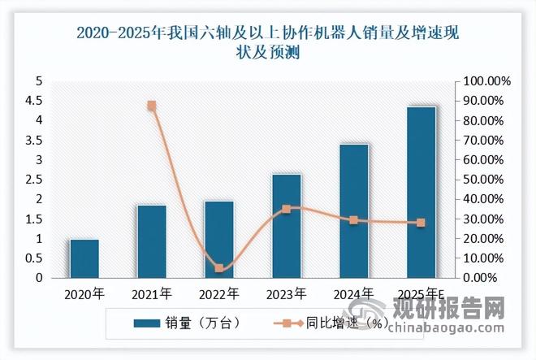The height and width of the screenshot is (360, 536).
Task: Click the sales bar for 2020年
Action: point(84,258)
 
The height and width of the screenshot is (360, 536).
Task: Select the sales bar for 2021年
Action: point(152,241)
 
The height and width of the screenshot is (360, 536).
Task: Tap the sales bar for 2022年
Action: point(219,239)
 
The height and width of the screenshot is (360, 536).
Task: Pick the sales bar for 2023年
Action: point(287,226)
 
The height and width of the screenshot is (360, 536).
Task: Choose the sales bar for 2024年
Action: point(354,210)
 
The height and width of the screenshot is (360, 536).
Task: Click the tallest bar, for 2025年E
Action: point(421,192)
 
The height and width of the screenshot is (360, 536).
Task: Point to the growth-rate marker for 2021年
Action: point(152,106)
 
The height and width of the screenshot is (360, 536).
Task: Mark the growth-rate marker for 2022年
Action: point(219,268)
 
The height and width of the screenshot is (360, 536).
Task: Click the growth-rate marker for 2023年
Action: point(287,209)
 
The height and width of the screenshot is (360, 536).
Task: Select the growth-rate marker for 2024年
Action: point(354,220)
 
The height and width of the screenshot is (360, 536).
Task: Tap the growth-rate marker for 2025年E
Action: point(421,223)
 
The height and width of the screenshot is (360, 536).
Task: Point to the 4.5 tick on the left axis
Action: point(36,101)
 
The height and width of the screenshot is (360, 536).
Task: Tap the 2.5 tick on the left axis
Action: point(36,180)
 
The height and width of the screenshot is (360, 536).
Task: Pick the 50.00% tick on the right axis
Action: point(486,180)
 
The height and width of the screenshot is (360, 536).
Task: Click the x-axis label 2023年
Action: point(287,293)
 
